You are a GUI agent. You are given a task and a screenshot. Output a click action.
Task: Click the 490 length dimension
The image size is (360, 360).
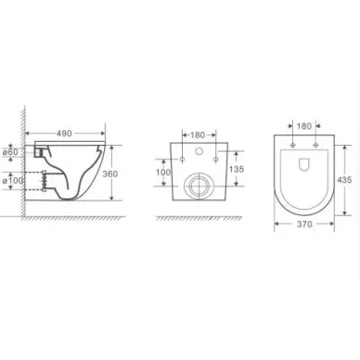(64, 134)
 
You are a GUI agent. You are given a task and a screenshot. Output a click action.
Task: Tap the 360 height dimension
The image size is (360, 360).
(110, 174)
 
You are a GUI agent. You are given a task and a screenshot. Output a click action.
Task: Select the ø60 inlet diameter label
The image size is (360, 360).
(10, 152)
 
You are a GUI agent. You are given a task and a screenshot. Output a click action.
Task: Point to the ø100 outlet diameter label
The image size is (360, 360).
(13, 180)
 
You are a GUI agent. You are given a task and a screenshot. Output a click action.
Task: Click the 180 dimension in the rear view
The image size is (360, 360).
(198, 135)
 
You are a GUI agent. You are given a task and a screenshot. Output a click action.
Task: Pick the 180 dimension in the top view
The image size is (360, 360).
(304, 126)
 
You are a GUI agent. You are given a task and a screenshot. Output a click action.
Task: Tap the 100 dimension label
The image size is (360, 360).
(163, 172)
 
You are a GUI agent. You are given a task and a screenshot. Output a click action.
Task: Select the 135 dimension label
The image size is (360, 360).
(237, 169)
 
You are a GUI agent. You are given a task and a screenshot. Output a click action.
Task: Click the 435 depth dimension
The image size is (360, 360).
(344, 180)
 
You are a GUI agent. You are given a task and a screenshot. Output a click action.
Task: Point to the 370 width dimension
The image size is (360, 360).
(304, 225)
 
